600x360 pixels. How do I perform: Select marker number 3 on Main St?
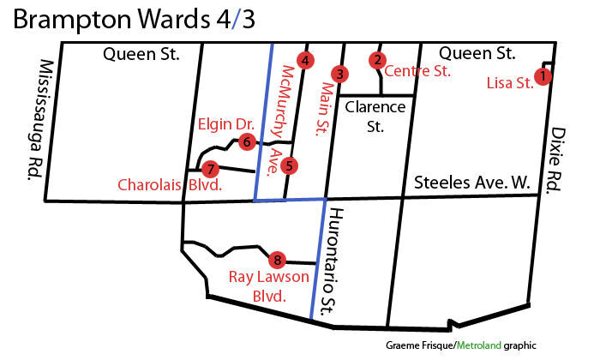[340, 74]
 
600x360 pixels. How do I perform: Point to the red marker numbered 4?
[303, 59]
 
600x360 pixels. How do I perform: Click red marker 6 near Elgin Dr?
[246, 141]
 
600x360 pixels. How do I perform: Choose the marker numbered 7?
[211, 169]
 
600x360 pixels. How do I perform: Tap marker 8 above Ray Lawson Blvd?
[276, 260]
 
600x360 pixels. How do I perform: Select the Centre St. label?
[417, 72]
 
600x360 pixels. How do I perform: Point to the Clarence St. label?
[375, 117]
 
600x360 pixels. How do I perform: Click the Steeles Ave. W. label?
[472, 183]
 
